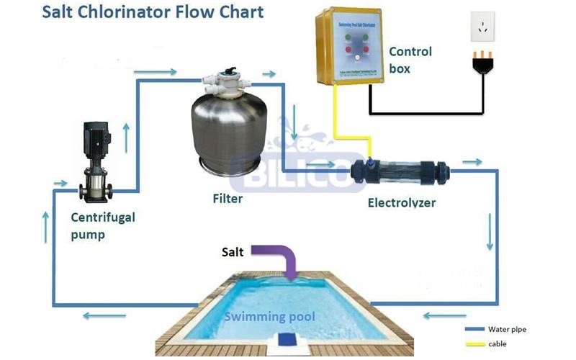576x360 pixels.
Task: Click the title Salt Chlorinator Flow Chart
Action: pyautogui.click(x=153, y=12)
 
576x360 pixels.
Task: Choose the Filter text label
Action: pyautogui.click(x=228, y=198)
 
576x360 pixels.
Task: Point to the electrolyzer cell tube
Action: pyautogui.click(x=400, y=172)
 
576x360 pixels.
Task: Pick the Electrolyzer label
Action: pyautogui.click(x=402, y=202)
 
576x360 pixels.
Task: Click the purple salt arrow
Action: pyautogui.click(x=284, y=260)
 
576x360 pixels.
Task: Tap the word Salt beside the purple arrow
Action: pyautogui.click(x=232, y=252)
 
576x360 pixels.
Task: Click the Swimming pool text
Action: pyautogui.click(x=269, y=316)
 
